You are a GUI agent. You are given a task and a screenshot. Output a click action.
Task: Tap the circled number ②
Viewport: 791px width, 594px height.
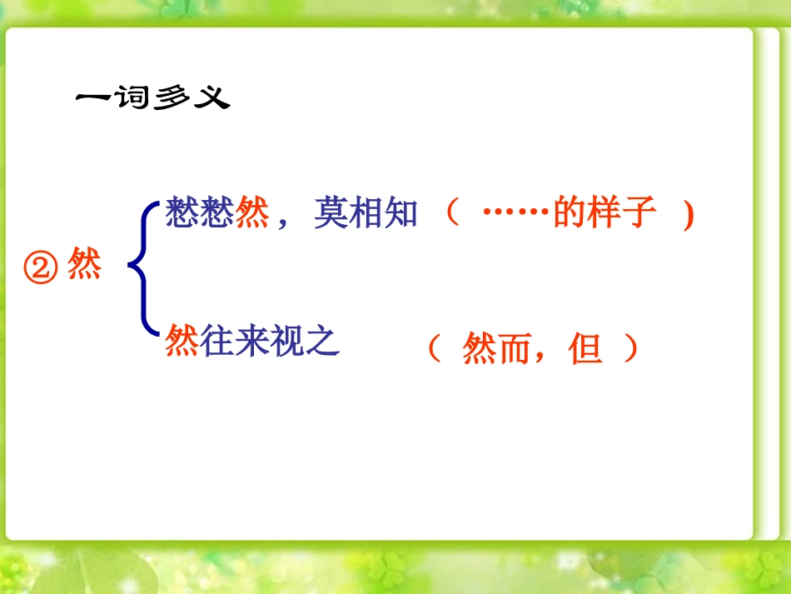coord(42,267)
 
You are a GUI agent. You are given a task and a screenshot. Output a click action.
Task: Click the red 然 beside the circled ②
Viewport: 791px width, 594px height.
coord(84,267)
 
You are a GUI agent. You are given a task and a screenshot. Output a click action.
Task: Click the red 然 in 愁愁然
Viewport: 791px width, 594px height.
coord(252,214)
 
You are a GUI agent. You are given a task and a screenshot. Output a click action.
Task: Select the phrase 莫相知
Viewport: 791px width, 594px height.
coord(366,214)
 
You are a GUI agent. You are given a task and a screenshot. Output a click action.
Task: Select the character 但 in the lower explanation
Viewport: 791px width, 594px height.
coord(585,350)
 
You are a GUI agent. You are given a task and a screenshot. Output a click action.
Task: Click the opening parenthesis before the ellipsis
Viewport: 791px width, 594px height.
coord(451,213)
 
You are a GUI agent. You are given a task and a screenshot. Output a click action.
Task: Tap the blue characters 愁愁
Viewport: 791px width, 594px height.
coord(200,214)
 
